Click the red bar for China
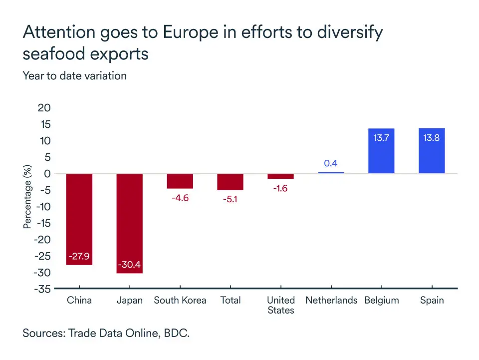point(79,219)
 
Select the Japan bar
point(130,223)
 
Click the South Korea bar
point(180,181)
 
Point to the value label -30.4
point(130,265)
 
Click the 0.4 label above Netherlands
point(331,163)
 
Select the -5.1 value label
point(230,199)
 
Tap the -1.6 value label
point(280,188)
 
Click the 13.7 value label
point(381,138)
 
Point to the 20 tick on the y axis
point(45,108)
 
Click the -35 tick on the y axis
point(42,289)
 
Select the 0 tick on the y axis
point(48,174)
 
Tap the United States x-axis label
point(280,305)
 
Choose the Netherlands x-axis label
point(331,300)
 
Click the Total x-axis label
point(231,300)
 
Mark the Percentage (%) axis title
point(27,197)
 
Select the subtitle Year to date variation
point(74,76)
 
